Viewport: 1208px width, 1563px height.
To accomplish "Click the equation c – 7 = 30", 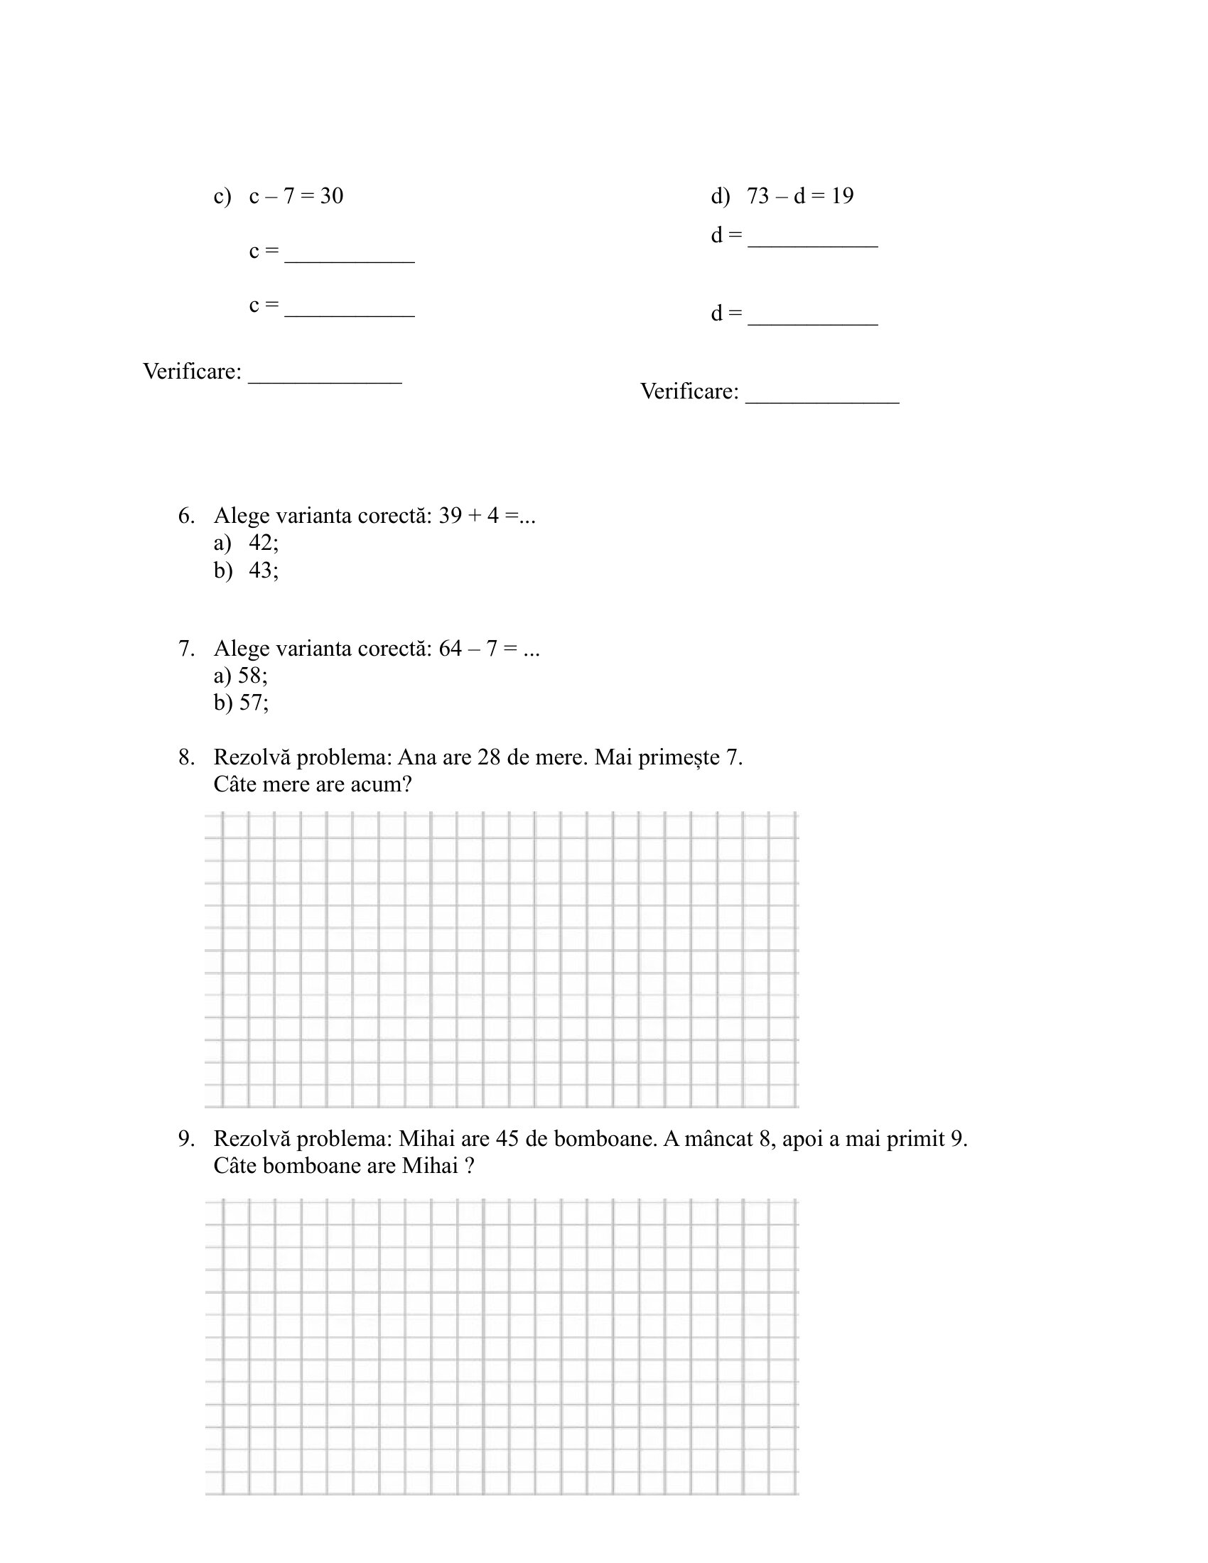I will tap(296, 196).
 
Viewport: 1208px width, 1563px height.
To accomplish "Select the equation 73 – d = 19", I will tap(799, 196).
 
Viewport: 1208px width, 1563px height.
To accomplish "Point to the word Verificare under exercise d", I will tap(689, 391).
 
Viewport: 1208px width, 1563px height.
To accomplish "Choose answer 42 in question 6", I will tap(263, 543).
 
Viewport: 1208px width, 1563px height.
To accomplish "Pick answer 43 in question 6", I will tap(263, 570).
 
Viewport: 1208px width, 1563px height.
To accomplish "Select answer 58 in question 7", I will tap(252, 676).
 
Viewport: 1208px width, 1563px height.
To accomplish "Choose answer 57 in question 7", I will tap(253, 703).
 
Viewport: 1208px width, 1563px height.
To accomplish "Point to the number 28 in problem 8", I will tap(488, 757).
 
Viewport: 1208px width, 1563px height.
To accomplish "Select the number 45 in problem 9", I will tap(507, 1139).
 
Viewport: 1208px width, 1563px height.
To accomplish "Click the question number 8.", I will tap(186, 757).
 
